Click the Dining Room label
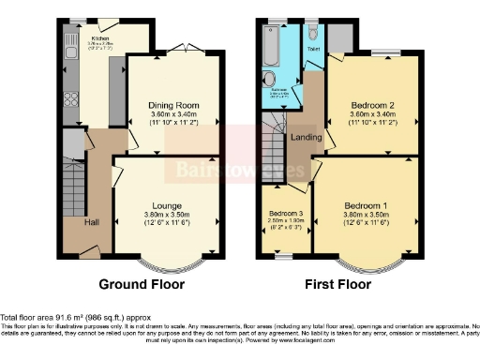173,106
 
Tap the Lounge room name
173,204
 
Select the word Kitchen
100,39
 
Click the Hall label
92,222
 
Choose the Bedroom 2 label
371,106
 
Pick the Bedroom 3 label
283,214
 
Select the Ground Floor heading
142,283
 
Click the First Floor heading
343,283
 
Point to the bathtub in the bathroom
269,45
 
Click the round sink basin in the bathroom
268,79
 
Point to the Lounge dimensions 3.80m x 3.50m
173,215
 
